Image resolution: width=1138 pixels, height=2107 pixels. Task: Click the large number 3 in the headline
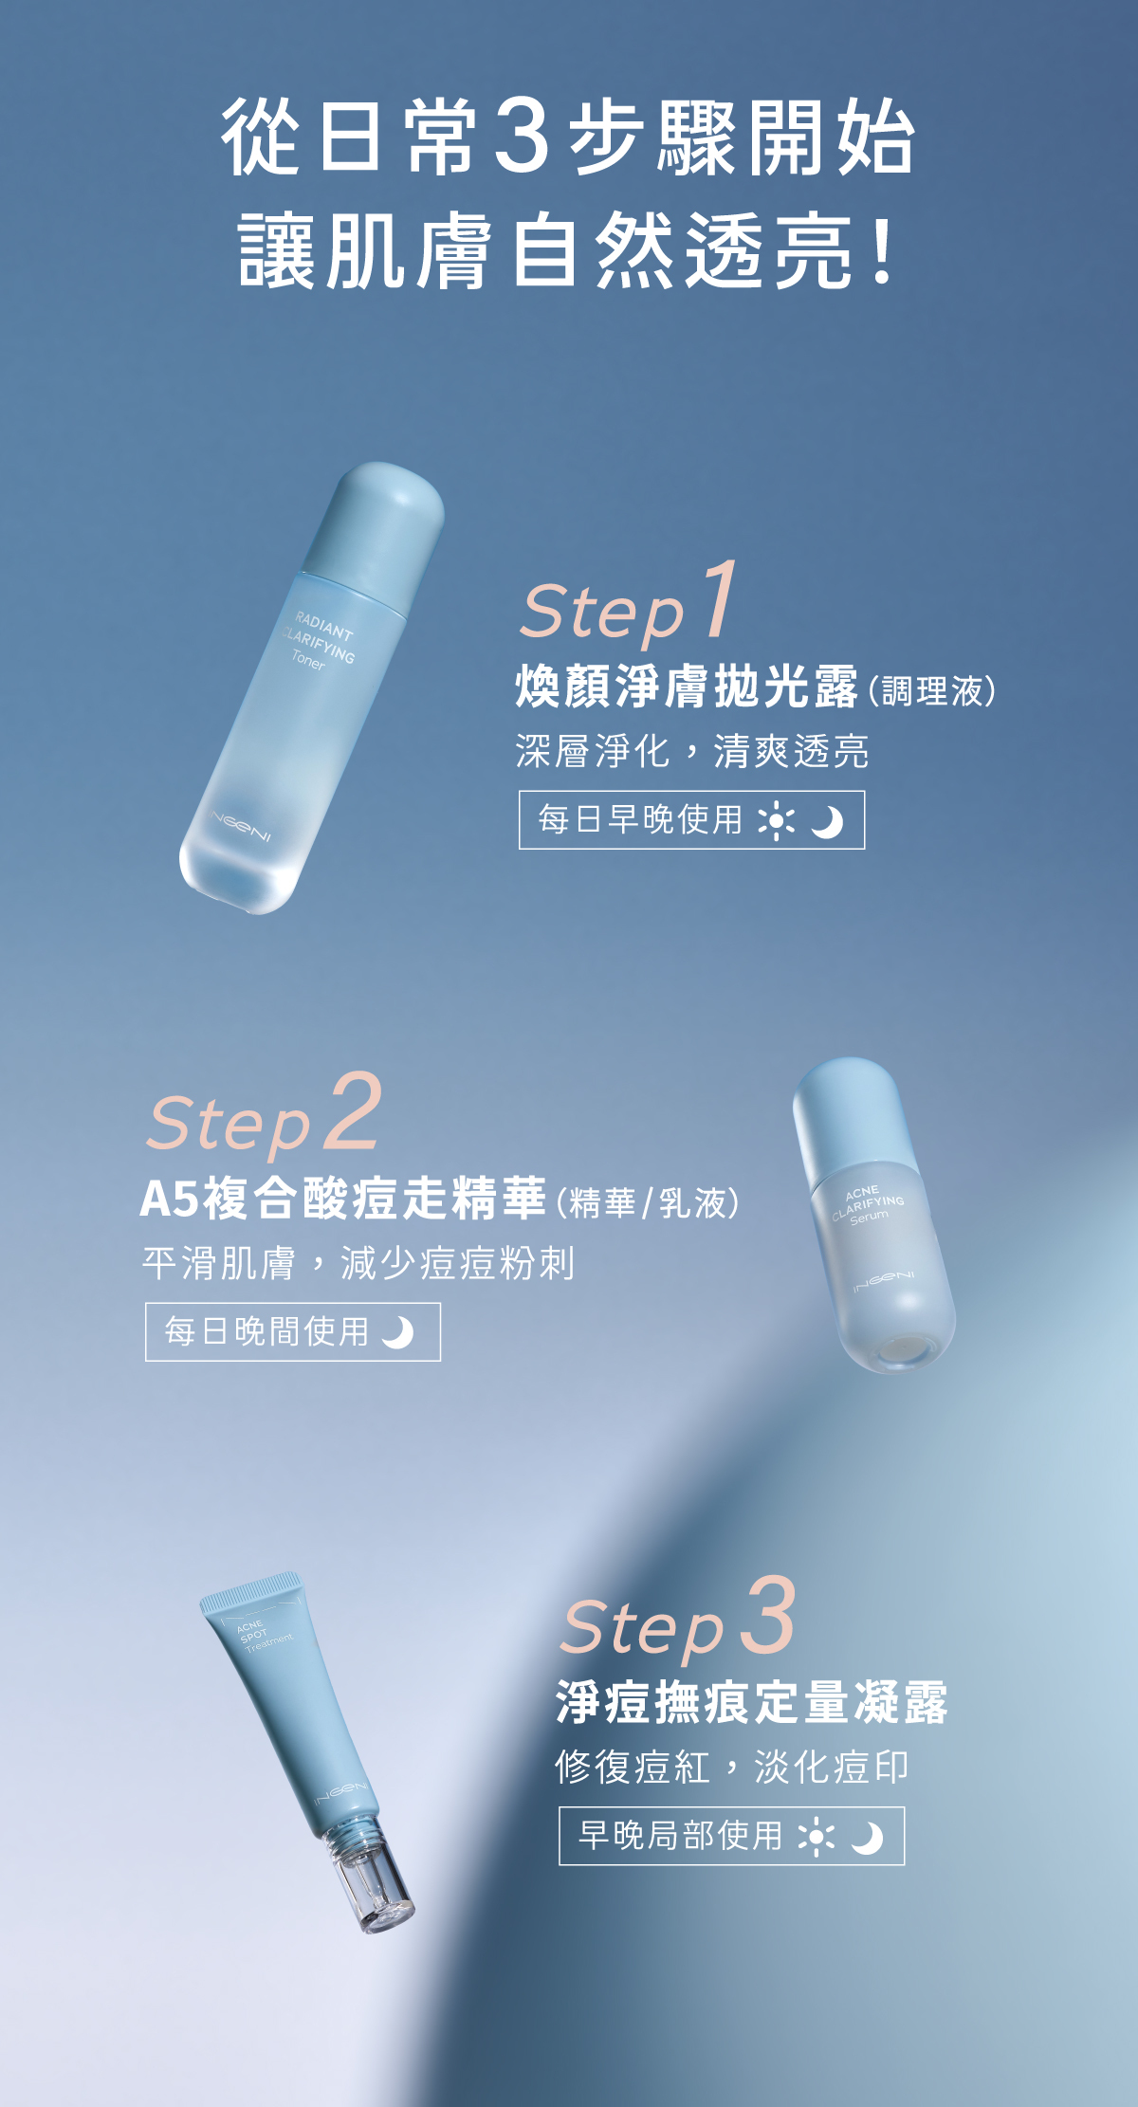point(523,137)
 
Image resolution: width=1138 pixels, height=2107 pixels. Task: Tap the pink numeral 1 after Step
point(719,599)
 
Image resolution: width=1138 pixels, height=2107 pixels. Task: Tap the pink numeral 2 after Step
point(353,1111)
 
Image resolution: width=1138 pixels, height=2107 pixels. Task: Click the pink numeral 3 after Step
point(767,1615)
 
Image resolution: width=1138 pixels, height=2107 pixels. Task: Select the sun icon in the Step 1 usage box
point(776,820)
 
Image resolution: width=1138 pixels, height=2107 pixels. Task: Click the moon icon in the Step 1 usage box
point(827,821)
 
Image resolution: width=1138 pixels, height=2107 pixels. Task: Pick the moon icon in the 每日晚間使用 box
point(398,1332)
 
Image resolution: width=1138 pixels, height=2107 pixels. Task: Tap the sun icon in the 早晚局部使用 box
point(816,1837)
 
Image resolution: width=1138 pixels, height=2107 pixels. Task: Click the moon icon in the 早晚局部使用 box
point(867,1838)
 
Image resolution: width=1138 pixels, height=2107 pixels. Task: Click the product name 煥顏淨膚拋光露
point(686,687)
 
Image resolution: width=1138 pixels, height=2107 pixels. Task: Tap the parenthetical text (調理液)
point(932,690)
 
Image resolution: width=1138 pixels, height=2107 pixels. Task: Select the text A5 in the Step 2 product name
point(169,1199)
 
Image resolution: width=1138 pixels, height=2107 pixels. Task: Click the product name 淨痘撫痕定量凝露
point(751,1702)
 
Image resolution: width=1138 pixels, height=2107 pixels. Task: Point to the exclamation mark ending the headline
point(884,252)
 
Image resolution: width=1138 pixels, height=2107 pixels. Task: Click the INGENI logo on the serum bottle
point(883,1279)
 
